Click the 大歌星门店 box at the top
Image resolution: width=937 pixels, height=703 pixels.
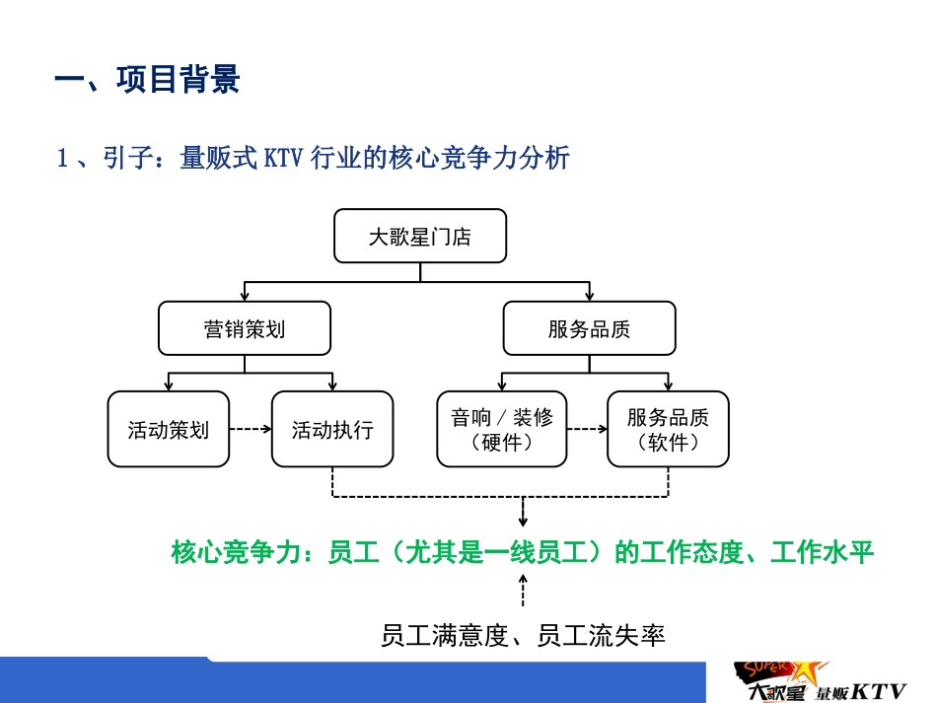tap(420, 237)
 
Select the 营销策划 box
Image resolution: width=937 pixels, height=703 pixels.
tap(245, 328)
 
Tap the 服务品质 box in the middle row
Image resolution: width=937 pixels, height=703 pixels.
tap(589, 328)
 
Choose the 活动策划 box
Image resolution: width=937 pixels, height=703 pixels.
tap(168, 429)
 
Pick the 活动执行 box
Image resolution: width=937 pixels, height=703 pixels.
tap(332, 429)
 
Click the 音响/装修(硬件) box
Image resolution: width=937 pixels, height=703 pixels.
tap(502, 429)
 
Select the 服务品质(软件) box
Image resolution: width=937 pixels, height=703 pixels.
tap(668, 429)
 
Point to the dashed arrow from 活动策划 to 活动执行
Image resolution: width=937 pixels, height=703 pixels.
tap(250, 429)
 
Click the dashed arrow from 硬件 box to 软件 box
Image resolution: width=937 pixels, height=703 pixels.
tap(587, 429)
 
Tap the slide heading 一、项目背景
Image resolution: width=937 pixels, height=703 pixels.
tap(147, 80)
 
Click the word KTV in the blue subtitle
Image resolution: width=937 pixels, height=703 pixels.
tap(284, 158)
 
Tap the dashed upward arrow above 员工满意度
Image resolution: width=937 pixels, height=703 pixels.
tap(523, 593)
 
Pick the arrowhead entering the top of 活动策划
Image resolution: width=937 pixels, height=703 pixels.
tap(170, 385)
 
